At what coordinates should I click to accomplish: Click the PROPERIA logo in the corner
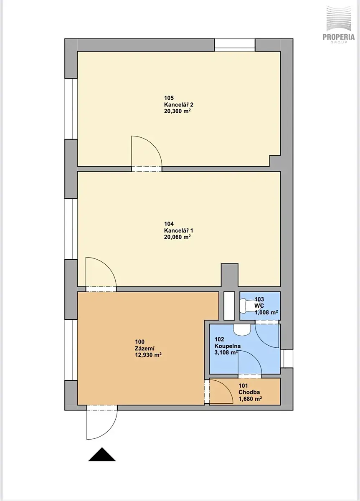click(339, 25)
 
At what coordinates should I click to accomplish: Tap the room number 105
click(169, 98)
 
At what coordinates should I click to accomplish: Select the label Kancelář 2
click(179, 105)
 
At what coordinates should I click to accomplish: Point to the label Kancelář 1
click(179, 230)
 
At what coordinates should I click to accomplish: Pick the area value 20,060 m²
click(177, 237)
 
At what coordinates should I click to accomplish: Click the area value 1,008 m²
click(266, 312)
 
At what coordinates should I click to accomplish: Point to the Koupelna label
click(228, 346)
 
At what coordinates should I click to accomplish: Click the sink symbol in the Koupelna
click(242, 330)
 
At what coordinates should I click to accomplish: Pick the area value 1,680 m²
click(250, 399)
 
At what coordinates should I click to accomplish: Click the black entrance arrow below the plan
click(102, 454)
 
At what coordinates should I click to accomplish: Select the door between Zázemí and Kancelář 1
click(101, 274)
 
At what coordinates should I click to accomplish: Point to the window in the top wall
click(235, 45)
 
